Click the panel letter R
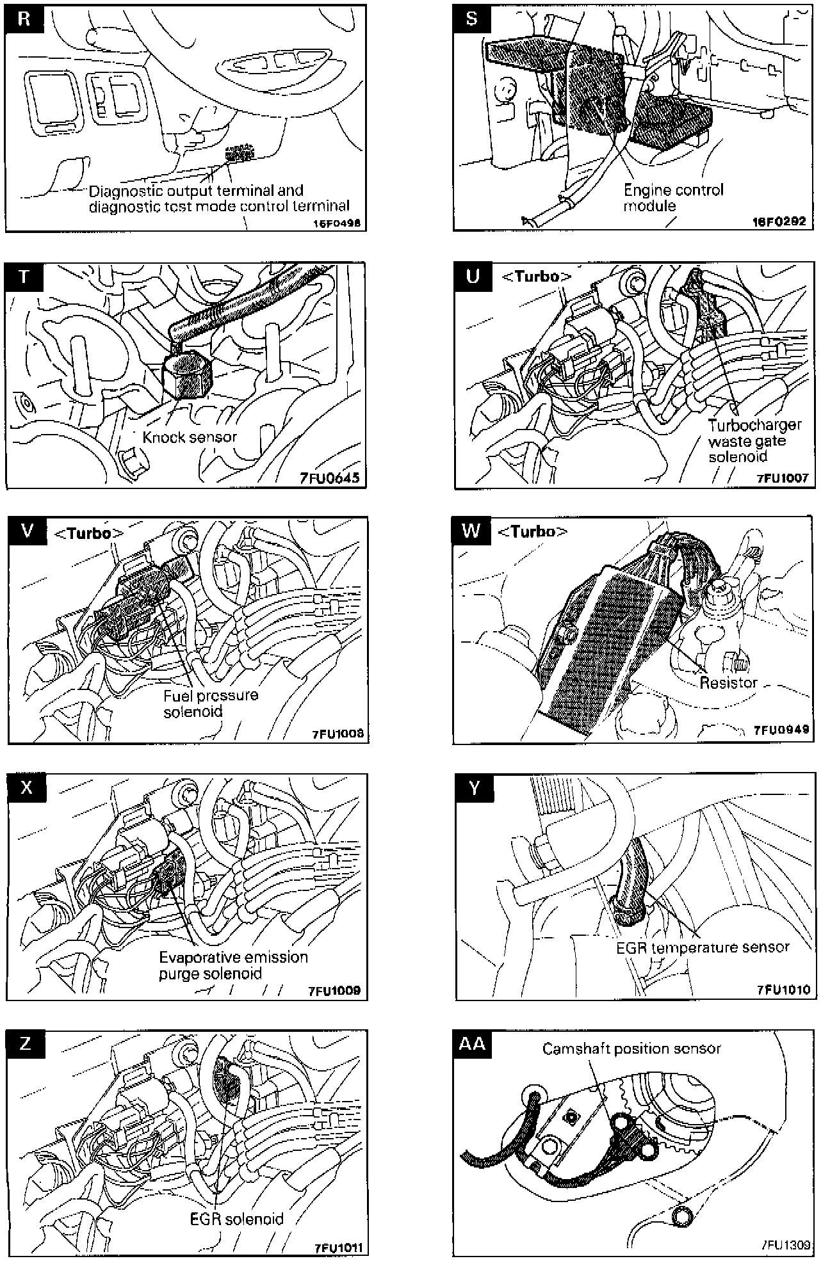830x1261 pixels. click(x=24, y=18)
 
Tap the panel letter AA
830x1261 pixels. click(x=472, y=1044)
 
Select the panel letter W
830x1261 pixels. click(x=471, y=531)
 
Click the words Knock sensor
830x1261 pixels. click(x=190, y=437)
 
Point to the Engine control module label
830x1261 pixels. click(x=672, y=198)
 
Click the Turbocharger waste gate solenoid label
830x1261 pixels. click(x=754, y=441)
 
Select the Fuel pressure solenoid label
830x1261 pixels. click(x=211, y=703)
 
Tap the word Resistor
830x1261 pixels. click(x=728, y=682)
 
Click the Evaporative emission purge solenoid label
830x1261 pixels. click(x=233, y=965)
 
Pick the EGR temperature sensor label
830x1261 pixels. click(x=703, y=947)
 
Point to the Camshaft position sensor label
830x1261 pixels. click(x=631, y=1048)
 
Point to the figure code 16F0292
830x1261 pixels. click(x=779, y=221)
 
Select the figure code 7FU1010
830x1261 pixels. click(x=783, y=990)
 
